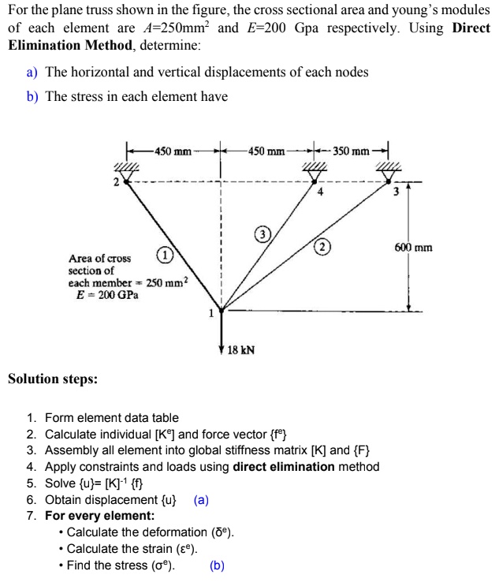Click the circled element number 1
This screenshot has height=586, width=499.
163,256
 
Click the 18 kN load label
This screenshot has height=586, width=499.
240,349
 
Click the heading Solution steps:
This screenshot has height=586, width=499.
53,379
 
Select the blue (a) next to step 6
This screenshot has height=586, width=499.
201,500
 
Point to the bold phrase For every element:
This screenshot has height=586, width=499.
99,516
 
